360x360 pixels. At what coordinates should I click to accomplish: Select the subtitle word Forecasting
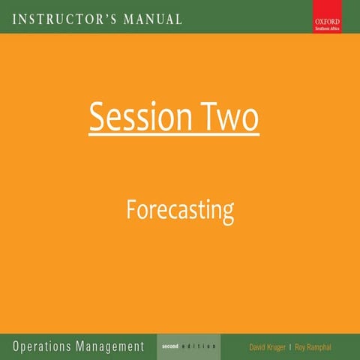click(x=179, y=210)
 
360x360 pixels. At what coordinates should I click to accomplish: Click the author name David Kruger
click(x=266, y=347)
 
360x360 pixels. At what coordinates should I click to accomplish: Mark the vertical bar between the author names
click(x=290, y=347)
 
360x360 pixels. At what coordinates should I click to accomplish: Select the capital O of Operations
click(x=16, y=346)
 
